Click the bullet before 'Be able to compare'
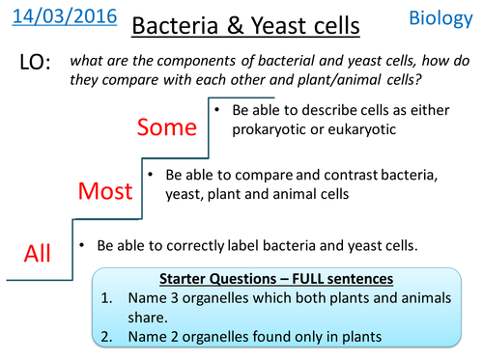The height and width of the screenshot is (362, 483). coord(150,176)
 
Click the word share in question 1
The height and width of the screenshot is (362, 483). coord(150,318)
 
